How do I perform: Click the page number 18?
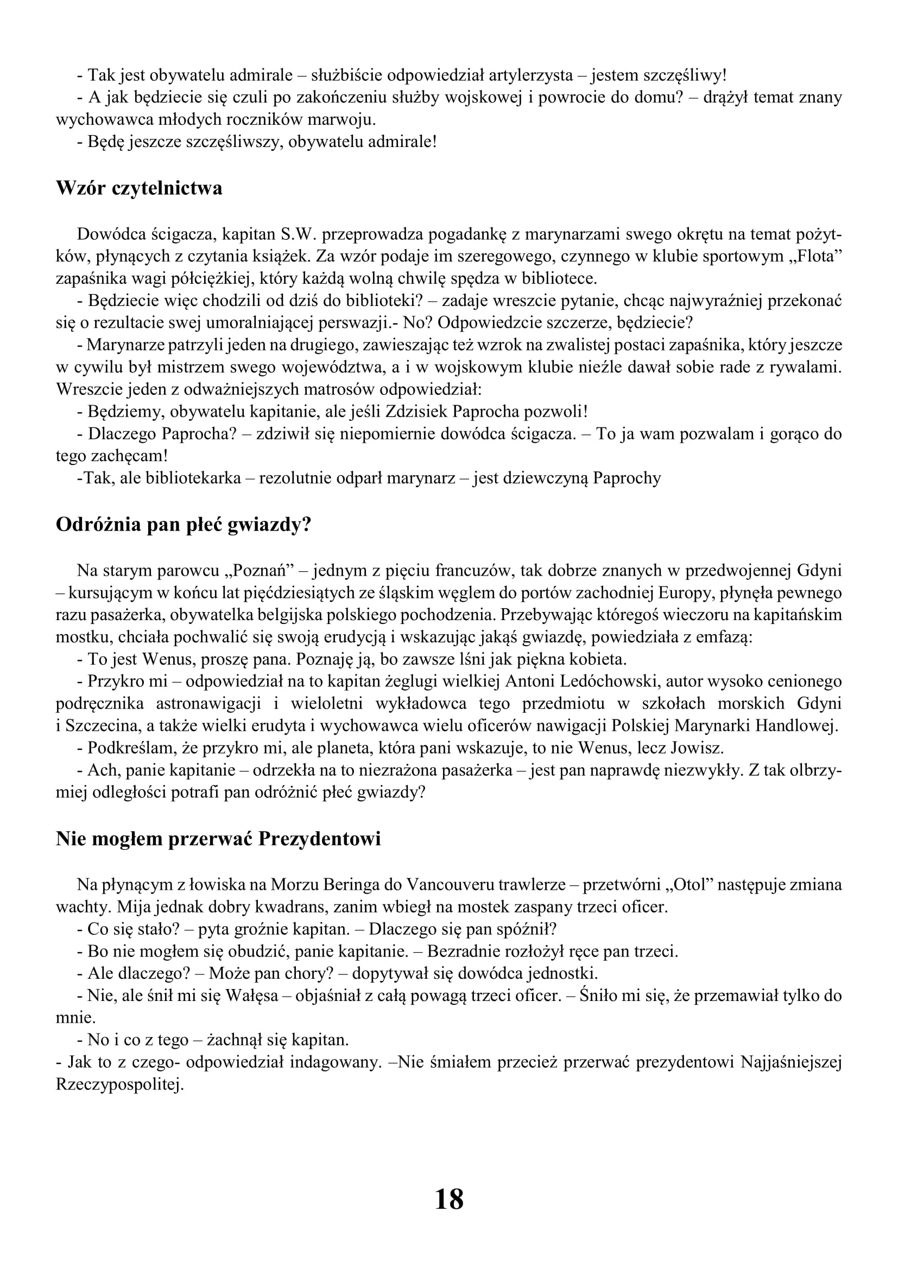click(449, 1200)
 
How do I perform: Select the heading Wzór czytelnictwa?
click(139, 188)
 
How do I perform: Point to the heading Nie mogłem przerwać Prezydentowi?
click(218, 838)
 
